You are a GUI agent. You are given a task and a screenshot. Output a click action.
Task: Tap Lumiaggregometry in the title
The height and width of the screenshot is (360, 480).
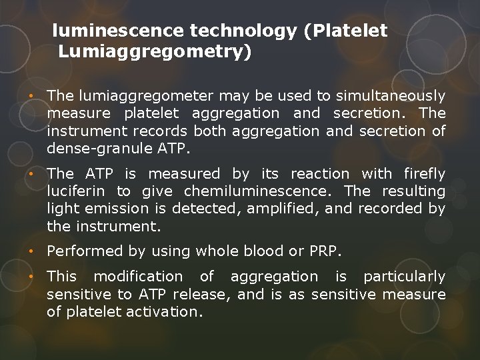click(x=155, y=51)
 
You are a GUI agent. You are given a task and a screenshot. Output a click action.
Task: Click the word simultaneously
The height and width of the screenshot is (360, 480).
click(x=390, y=97)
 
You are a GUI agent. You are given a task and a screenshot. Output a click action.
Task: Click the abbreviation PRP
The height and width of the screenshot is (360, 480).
click(x=324, y=251)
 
